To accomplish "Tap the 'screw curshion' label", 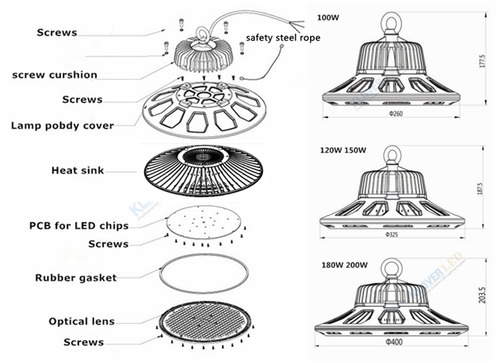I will click(55, 75).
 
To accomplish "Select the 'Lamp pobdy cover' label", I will click(62, 125).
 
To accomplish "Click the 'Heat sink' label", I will click(77, 171).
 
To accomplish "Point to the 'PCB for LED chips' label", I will click(79, 226).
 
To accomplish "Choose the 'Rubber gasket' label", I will click(76, 278).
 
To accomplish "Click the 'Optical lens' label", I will click(81, 321).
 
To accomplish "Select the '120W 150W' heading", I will click(344, 151).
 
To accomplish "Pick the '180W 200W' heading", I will click(342, 265).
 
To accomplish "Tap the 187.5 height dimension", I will click(480, 192).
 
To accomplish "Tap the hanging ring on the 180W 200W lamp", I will click(392, 267).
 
